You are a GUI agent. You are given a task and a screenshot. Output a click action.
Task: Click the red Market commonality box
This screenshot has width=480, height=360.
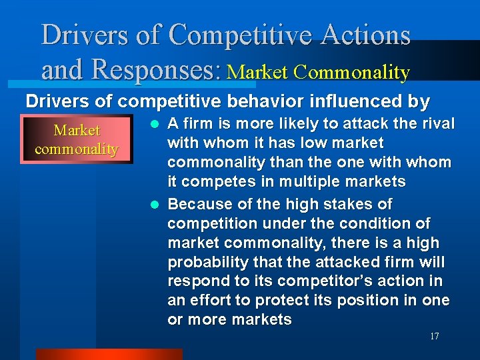click(x=77, y=140)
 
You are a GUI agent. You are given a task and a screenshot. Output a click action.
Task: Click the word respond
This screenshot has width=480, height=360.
click(x=195, y=281)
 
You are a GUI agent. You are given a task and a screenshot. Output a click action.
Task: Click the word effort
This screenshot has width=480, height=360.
click(x=215, y=300)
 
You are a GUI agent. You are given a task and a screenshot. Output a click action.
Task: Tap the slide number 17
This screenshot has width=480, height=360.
click(x=434, y=337)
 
